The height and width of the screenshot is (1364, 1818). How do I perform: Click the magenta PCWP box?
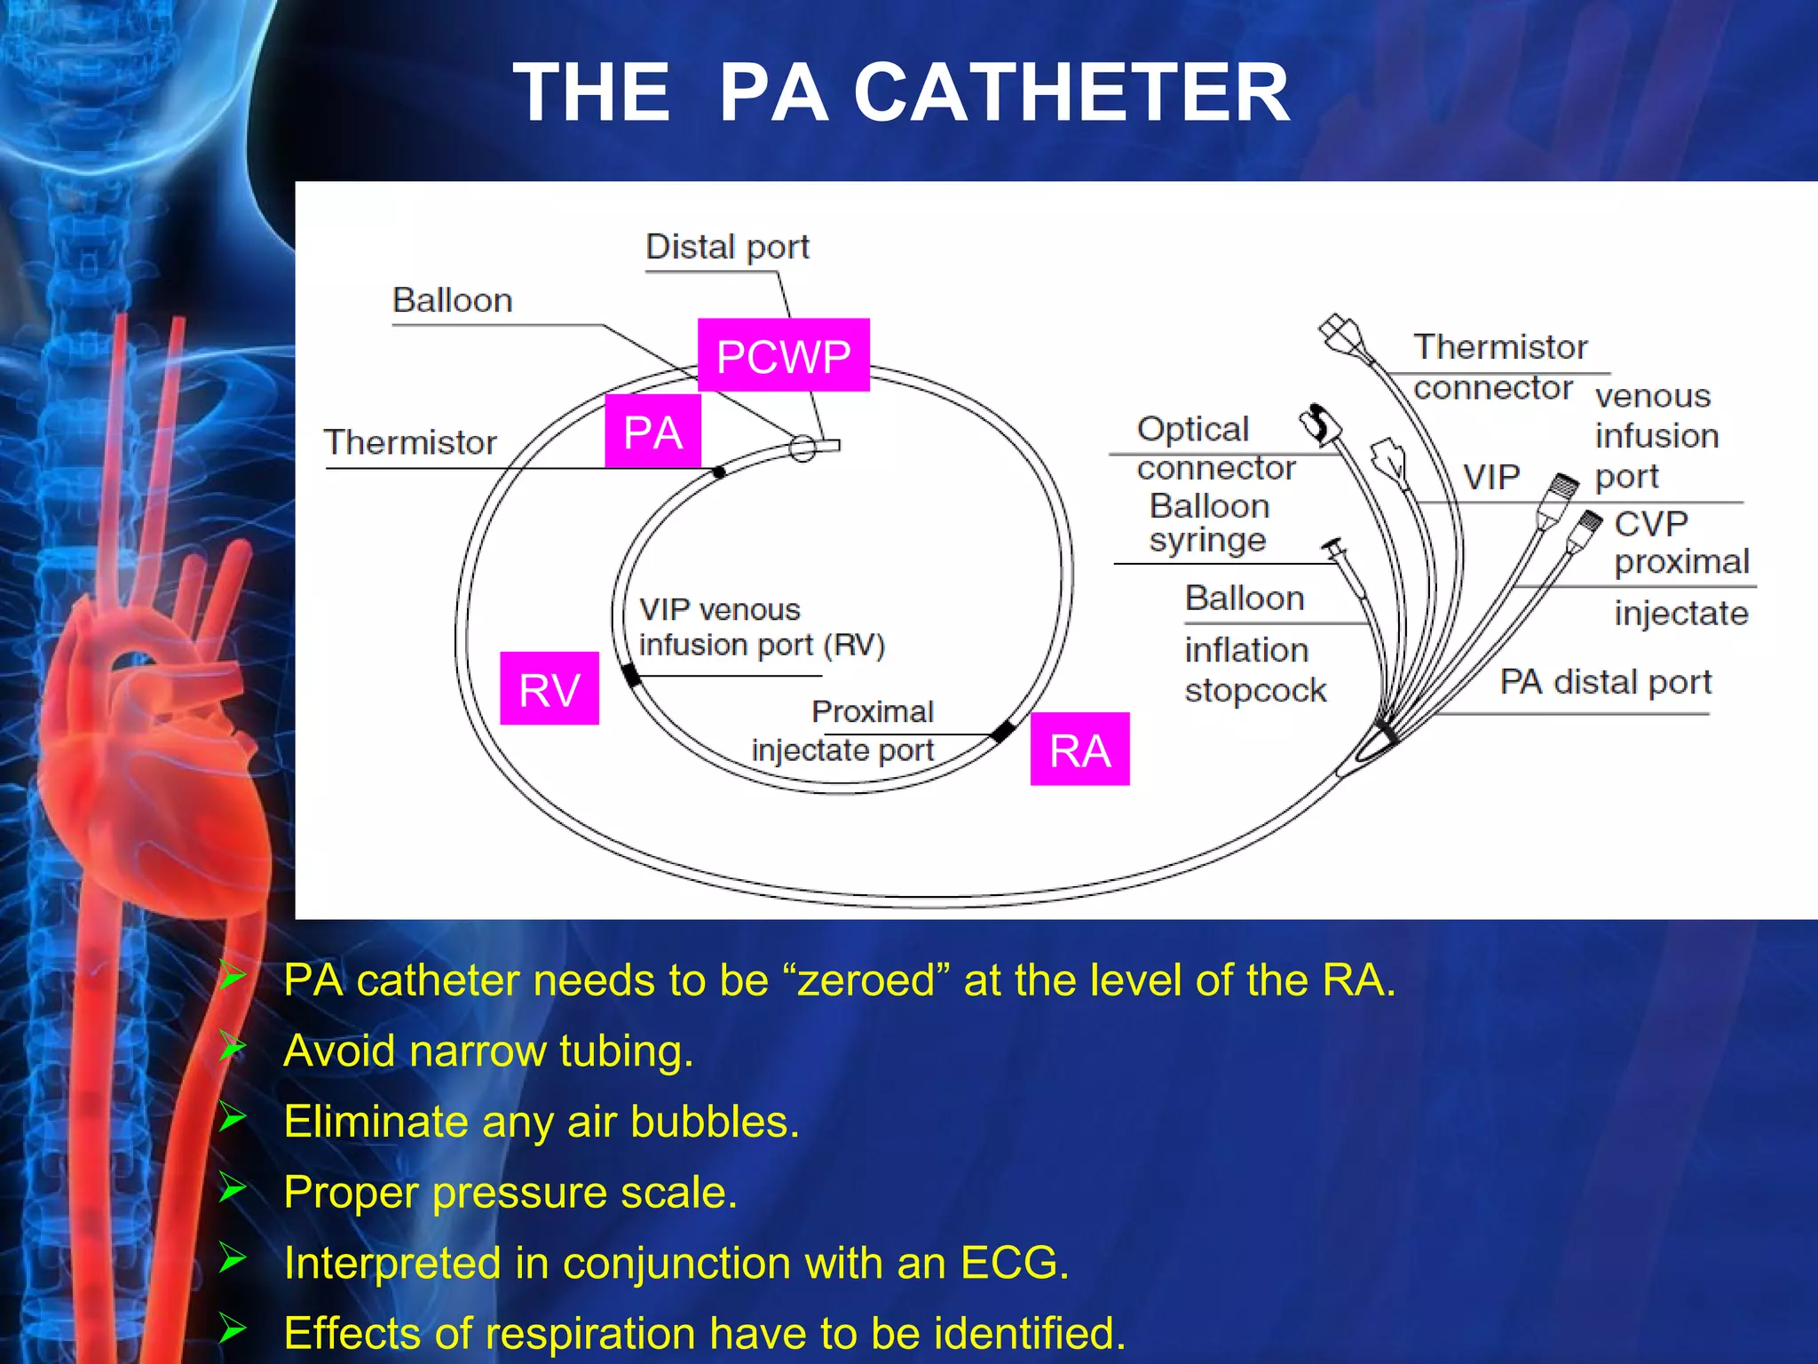(x=783, y=355)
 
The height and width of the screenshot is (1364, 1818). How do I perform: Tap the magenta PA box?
(x=652, y=432)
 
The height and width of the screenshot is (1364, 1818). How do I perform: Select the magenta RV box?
(x=549, y=689)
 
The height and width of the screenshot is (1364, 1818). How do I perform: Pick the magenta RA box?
(x=1079, y=749)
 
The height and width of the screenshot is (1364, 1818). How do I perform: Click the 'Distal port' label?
(x=727, y=247)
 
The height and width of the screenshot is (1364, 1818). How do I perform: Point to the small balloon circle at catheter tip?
(x=802, y=448)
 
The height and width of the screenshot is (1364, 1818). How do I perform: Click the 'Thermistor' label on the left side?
(x=410, y=442)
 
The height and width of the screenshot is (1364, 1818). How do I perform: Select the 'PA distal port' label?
(x=1605, y=682)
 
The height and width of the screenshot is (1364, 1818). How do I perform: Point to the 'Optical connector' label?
(x=1214, y=448)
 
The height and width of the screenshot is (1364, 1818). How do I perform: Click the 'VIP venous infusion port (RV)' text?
(x=762, y=627)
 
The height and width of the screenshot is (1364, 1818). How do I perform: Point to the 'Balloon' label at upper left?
(x=452, y=300)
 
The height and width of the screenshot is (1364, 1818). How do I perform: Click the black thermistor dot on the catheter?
(x=719, y=472)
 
